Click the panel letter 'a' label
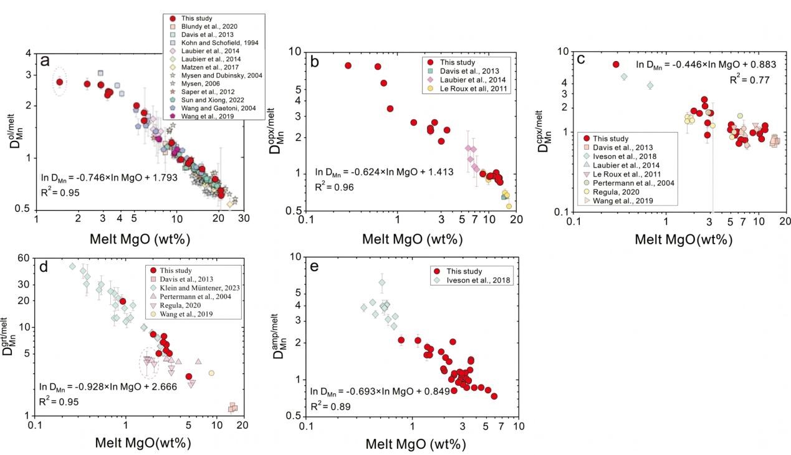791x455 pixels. tap(45, 61)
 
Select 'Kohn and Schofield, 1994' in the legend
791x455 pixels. tap(219, 43)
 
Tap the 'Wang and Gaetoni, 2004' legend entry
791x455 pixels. tap(218, 108)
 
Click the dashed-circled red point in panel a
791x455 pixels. tap(60, 82)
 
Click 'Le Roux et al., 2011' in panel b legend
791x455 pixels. tap(473, 89)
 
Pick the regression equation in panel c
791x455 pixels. tap(706, 65)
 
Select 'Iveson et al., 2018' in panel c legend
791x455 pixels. tap(625, 156)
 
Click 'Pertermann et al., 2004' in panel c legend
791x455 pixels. tap(633, 183)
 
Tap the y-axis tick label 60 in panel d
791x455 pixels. tap(24, 258)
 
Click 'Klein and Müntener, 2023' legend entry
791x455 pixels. tap(199, 288)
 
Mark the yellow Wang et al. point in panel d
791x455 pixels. tap(211, 373)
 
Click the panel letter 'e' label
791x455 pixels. tap(314, 267)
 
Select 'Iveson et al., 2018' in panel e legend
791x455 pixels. tap(478, 280)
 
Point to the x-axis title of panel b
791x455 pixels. tap(413, 239)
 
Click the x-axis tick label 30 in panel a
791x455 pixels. tap(244, 219)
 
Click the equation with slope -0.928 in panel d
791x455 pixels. tap(108, 387)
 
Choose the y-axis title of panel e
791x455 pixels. tap(280, 337)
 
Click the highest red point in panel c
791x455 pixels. tap(616, 64)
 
